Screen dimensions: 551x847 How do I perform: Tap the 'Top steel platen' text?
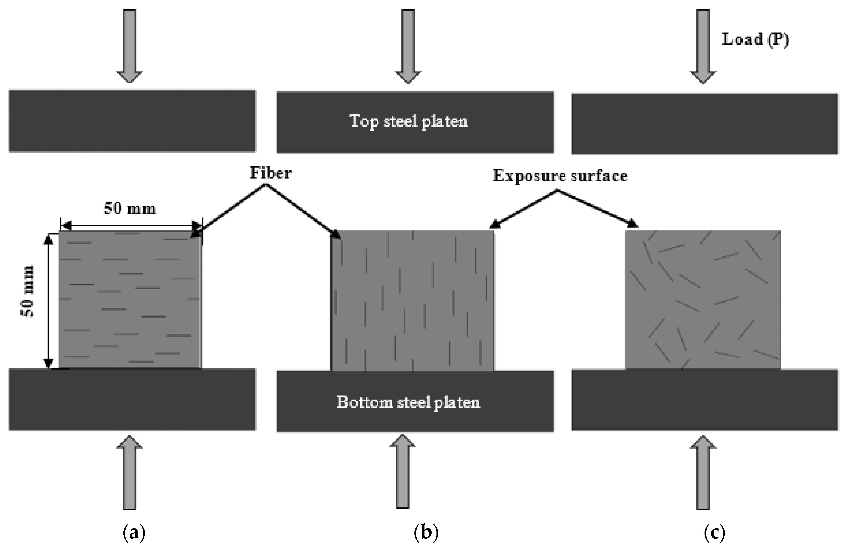pyautogui.click(x=409, y=121)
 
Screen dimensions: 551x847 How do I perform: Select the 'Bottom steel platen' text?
pyautogui.click(x=409, y=402)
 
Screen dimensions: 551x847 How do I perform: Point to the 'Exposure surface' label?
pyautogui.click(x=560, y=176)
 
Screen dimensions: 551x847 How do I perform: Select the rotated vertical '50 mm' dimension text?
pyautogui.click(x=28, y=291)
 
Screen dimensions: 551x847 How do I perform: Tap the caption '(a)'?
pyautogui.click(x=134, y=533)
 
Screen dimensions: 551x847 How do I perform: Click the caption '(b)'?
pyautogui.click(x=426, y=533)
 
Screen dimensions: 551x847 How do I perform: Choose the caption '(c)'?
pyautogui.click(x=714, y=533)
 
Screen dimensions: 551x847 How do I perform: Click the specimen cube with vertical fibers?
pyautogui.click(x=412, y=301)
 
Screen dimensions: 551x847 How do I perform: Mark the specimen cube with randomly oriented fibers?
pyautogui.click(x=703, y=300)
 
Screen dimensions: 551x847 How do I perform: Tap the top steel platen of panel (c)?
pyautogui.click(x=705, y=124)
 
